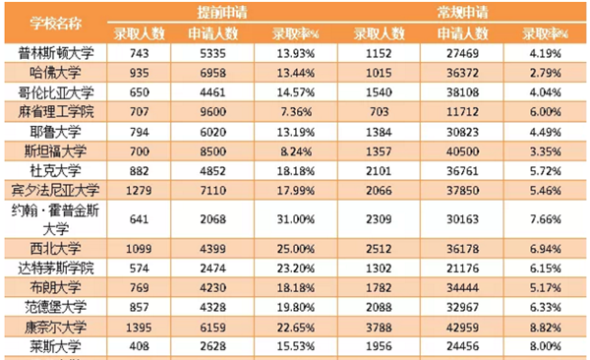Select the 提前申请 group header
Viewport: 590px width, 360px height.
pos(223,11)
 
